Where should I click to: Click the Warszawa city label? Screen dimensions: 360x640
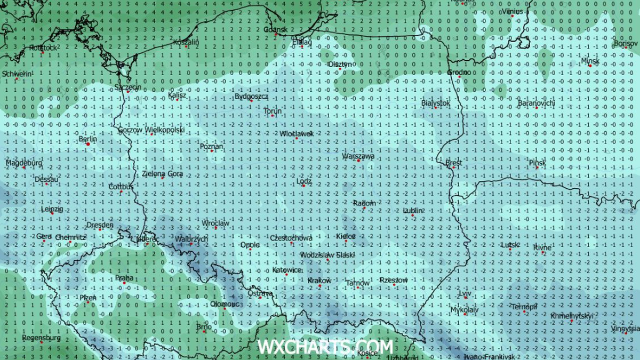coord(358,157)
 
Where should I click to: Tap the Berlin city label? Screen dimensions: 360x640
coord(88,139)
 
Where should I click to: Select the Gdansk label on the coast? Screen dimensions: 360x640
coord(276,29)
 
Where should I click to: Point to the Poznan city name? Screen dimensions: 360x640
coord(211,146)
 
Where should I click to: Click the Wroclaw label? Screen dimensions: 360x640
coord(215,223)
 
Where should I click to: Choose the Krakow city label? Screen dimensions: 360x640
coord(319,281)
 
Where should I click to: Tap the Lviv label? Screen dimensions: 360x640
coord(465,294)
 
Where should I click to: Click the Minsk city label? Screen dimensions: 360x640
coord(590,61)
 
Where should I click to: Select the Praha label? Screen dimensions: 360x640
coord(124,278)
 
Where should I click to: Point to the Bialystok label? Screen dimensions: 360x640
coord(435,103)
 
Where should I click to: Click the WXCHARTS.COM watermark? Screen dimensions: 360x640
coord(325,347)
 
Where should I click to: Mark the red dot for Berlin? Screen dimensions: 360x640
coord(87,144)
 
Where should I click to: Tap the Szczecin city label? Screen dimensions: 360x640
coord(128,87)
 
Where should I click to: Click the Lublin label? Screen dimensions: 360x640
coord(413,211)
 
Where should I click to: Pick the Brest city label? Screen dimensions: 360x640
coord(453,162)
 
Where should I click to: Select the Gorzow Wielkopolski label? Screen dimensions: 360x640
coord(151,130)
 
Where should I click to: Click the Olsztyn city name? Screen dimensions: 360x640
coord(340,64)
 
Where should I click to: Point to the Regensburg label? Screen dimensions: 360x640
coord(41,338)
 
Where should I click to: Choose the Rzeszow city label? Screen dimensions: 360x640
coord(394,280)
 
